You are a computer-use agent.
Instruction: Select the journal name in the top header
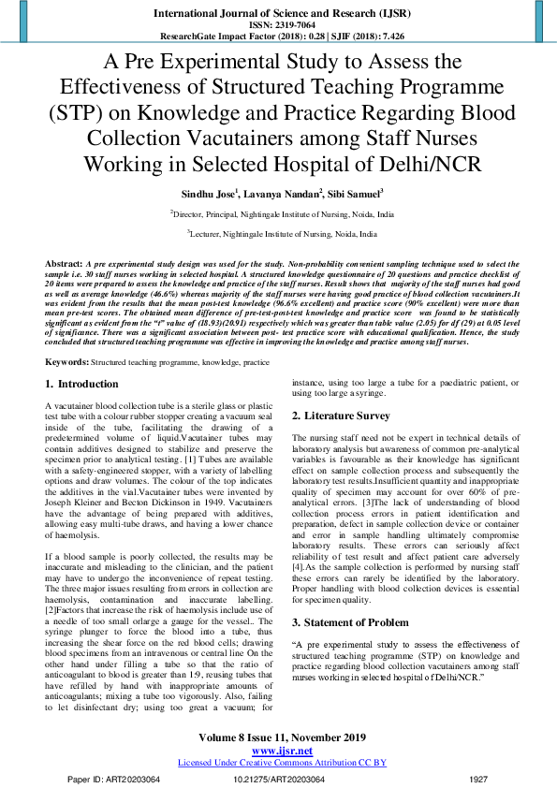pyautogui.click(x=278, y=13)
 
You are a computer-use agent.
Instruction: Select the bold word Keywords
pyautogui.click(x=66, y=361)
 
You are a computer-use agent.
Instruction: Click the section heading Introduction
pyautogui.click(x=87, y=384)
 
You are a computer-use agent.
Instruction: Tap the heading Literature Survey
pyautogui.click(x=345, y=441)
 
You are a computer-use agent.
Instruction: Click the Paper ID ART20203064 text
pyautogui.click(x=121, y=778)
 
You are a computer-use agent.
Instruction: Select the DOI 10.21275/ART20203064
pyautogui.click(x=278, y=778)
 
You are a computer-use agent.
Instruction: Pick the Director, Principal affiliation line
pyautogui.click(x=282, y=213)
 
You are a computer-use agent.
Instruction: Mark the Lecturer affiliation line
pyautogui.click(x=282, y=234)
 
